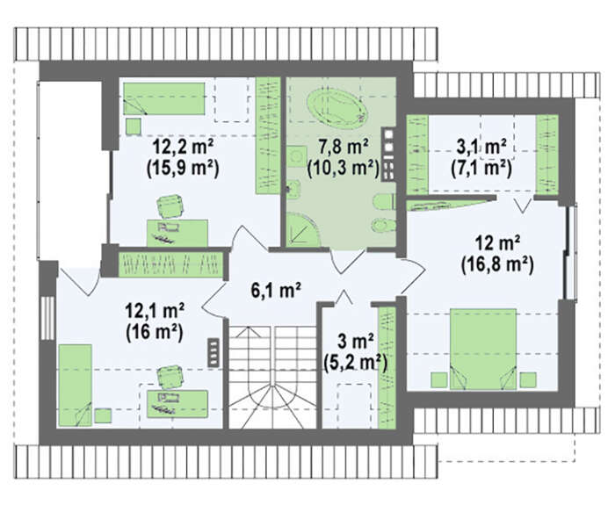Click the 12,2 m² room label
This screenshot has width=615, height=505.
(x=183, y=148)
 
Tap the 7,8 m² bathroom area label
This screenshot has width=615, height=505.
(x=344, y=148)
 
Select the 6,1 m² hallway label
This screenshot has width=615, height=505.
(x=276, y=291)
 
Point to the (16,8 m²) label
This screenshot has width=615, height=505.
(x=497, y=266)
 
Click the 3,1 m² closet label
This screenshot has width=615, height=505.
(x=481, y=148)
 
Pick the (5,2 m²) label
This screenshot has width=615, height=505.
(x=356, y=364)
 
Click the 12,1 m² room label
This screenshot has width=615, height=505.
(x=155, y=312)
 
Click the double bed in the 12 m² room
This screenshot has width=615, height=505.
(x=483, y=349)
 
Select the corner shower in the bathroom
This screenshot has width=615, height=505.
(x=303, y=230)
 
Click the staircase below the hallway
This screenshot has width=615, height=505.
(x=272, y=377)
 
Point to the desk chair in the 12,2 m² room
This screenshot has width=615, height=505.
(x=170, y=206)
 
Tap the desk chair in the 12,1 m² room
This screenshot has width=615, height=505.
(x=170, y=377)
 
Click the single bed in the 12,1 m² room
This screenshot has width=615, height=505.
(x=76, y=386)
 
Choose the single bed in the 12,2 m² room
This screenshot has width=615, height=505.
(x=164, y=98)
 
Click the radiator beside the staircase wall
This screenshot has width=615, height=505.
(x=213, y=352)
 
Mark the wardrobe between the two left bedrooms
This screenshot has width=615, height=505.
(x=170, y=263)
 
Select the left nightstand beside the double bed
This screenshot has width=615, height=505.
(x=439, y=379)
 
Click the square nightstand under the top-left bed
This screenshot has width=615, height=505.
(x=134, y=126)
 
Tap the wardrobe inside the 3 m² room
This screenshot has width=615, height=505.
(x=387, y=367)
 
